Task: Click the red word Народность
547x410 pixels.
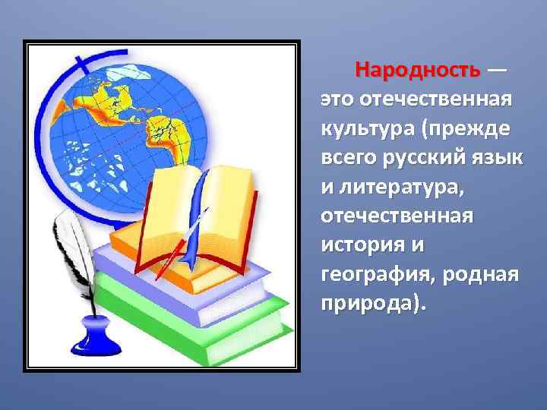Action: coord(418,71)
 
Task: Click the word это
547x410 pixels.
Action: coord(336,99)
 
